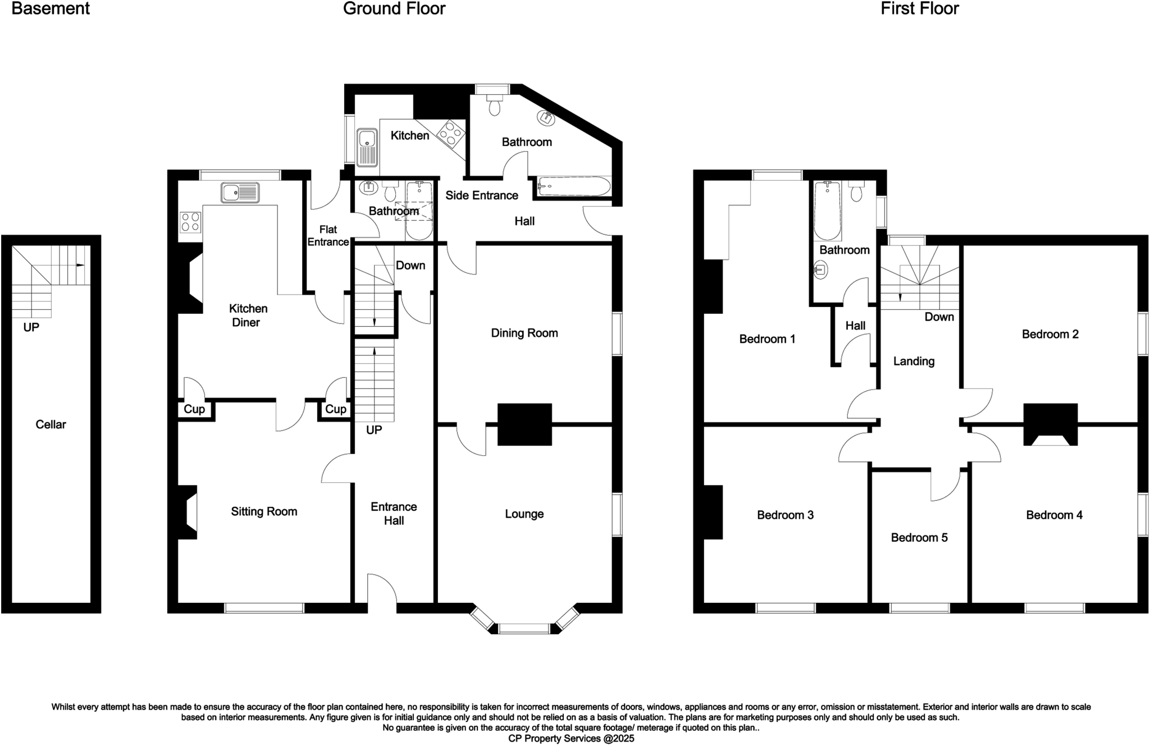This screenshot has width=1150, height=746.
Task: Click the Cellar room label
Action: tap(51, 424)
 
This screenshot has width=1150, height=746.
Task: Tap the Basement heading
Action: tap(51, 9)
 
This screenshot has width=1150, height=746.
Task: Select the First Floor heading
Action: tap(919, 9)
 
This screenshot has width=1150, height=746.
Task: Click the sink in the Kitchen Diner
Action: tap(240, 193)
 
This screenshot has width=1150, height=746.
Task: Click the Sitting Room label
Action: tap(264, 511)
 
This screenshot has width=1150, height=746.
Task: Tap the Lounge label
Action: tap(524, 514)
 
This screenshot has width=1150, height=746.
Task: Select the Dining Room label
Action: tap(524, 333)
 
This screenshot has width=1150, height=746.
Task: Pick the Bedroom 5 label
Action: tap(919, 537)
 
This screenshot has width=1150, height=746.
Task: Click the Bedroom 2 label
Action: tap(1050, 334)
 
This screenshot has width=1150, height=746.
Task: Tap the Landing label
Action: tap(914, 361)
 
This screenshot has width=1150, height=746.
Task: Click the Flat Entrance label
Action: tap(328, 236)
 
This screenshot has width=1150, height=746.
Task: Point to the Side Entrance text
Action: tap(481, 195)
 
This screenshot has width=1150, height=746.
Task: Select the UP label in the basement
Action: tap(31, 327)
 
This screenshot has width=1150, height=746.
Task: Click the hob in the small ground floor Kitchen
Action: tap(451, 132)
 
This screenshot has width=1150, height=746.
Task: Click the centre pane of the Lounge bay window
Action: tap(524, 628)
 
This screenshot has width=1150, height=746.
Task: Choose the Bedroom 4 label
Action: tap(1054, 515)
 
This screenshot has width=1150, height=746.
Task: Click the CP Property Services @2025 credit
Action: tap(571, 738)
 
